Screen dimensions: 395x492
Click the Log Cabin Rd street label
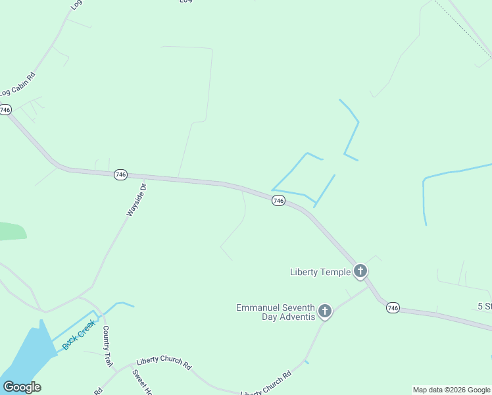point(18,86)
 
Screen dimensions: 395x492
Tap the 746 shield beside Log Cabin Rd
point(6,110)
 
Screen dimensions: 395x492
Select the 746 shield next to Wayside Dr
point(120,174)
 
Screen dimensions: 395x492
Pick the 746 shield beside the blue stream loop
point(278,201)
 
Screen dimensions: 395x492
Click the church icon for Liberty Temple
point(360,271)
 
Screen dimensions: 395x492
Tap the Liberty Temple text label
point(320,272)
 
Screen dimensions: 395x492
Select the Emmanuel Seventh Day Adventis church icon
point(324,311)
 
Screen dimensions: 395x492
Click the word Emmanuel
point(259,307)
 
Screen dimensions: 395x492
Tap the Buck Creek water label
point(78,334)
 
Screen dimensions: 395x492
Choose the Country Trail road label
point(107,346)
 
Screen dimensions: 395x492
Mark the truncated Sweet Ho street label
point(141,382)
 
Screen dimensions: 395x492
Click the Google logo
point(22,387)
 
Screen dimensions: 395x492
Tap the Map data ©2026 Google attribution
point(452,390)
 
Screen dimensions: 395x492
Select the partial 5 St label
point(484,307)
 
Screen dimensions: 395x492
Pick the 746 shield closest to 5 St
point(393,307)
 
